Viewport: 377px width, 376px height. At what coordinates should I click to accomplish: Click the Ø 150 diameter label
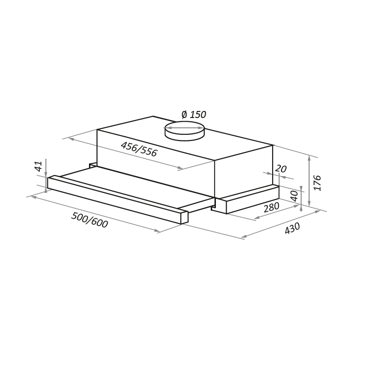click(x=193, y=115)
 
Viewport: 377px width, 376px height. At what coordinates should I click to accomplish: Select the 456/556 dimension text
click(x=139, y=149)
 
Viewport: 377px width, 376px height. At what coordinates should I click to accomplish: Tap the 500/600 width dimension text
click(x=89, y=220)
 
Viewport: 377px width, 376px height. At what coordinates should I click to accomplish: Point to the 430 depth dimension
click(x=292, y=228)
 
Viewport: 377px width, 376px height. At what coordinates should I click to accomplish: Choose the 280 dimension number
click(x=272, y=207)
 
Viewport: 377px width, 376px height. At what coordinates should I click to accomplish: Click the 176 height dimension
click(x=318, y=183)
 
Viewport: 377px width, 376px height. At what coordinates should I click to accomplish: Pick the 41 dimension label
click(x=38, y=166)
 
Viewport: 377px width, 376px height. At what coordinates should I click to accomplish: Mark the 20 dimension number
click(x=281, y=169)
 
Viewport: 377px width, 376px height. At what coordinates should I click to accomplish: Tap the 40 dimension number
click(x=294, y=196)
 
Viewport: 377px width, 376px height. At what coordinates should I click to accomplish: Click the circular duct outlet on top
click(x=185, y=131)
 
